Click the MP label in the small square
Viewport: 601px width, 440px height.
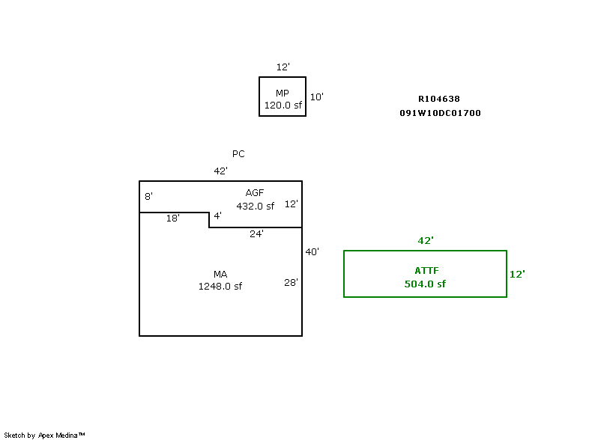tap(283, 94)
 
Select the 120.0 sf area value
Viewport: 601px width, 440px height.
tap(283, 106)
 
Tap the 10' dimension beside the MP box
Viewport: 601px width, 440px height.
tap(316, 97)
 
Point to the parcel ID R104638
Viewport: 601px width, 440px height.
tap(439, 99)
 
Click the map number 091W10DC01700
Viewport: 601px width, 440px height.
tap(440, 113)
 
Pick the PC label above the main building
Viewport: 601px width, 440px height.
tap(238, 154)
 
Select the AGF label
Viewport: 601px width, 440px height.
tap(255, 193)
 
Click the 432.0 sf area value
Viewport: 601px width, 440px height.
tap(256, 206)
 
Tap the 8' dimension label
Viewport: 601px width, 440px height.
tap(148, 197)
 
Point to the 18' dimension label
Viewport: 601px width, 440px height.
tap(172, 219)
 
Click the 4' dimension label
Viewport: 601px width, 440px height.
tap(217, 216)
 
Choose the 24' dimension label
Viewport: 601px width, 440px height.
tap(256, 233)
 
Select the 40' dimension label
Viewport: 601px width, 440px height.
tap(312, 252)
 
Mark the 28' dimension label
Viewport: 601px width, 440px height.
tap(291, 283)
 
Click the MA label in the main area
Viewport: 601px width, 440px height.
tap(220, 275)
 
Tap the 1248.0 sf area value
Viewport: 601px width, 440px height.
tap(220, 287)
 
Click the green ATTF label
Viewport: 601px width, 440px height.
tap(425, 270)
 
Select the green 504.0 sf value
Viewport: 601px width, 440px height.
tap(425, 284)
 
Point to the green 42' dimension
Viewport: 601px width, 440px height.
tap(426, 241)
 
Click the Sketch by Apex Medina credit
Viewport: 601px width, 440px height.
tap(45, 435)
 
